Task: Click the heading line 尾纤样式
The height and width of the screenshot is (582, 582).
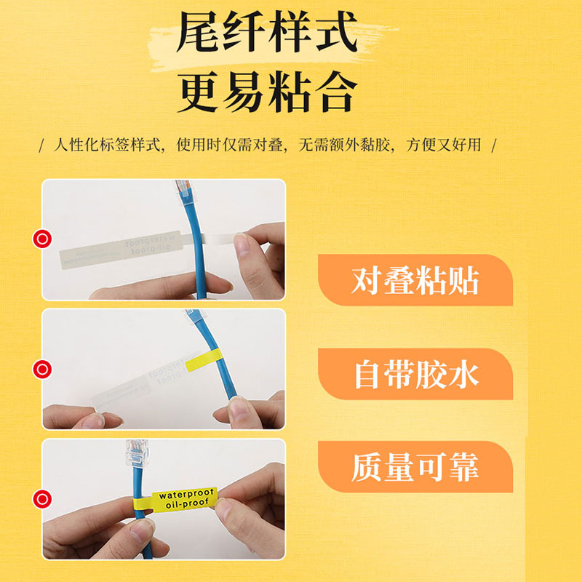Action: tap(267, 35)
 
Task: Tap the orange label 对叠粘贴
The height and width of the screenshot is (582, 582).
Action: tap(415, 281)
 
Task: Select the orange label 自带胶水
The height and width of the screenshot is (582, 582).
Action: tap(415, 375)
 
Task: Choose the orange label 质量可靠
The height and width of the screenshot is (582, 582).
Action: tap(415, 468)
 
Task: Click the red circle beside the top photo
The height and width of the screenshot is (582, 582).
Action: tap(42, 238)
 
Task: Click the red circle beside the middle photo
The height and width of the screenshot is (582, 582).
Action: tap(42, 369)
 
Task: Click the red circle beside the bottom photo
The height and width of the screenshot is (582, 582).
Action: tap(42, 498)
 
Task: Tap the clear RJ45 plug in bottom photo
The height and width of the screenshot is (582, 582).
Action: tap(133, 456)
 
